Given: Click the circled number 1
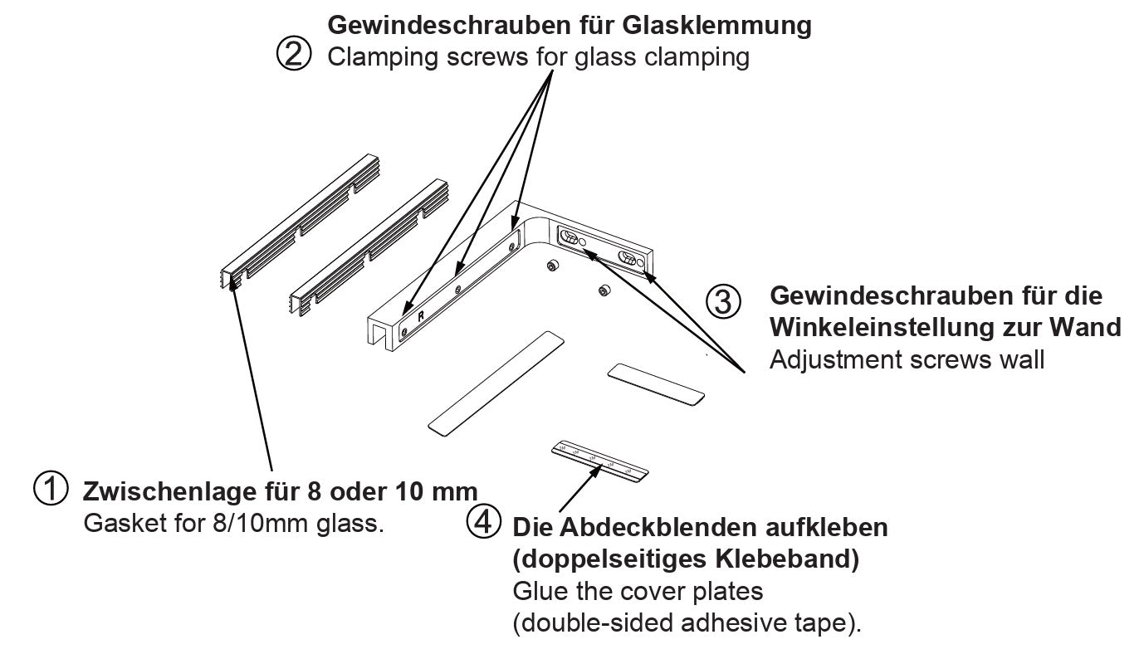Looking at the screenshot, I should click(x=50, y=488).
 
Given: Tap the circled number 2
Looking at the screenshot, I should click(x=292, y=56).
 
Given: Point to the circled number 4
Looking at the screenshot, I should click(x=484, y=523).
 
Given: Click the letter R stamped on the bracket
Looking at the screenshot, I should click(x=421, y=315).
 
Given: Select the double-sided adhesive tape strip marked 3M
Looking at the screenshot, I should click(x=599, y=461).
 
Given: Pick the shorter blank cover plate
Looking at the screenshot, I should click(x=656, y=384).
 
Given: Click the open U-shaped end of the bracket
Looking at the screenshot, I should click(x=380, y=333).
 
